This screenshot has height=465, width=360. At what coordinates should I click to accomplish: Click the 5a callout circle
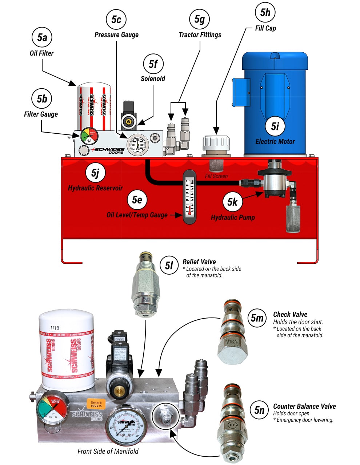42,37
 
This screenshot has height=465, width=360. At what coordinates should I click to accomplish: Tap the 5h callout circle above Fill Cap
265,12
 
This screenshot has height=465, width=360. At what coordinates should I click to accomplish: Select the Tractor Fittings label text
200,35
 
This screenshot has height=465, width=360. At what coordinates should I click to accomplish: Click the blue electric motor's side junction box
241,92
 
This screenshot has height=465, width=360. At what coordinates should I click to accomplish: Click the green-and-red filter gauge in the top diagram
89,137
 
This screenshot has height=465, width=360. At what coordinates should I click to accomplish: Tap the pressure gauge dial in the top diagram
138,144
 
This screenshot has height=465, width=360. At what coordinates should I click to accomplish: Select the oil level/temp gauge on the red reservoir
189,197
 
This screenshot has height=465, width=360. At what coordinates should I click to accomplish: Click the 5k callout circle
232,202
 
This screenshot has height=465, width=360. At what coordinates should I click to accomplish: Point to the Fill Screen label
216,176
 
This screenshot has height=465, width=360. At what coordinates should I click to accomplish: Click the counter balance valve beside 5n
232,421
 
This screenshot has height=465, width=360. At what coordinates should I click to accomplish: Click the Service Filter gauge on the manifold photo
53,408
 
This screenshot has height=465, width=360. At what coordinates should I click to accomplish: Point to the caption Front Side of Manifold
108,451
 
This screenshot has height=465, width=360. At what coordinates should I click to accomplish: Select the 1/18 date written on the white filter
55,328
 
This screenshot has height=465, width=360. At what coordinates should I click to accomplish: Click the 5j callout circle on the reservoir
95,173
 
